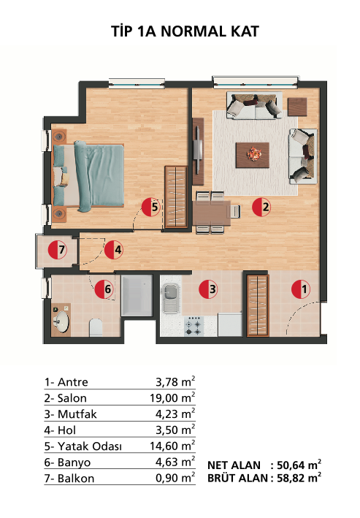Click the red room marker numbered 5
(151, 207)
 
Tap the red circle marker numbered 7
(58, 250)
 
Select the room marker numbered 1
(301, 289)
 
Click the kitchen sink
(171, 298)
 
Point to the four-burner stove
(194, 326)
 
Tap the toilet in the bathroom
(96, 327)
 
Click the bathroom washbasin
(61, 321)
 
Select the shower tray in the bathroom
(137, 295)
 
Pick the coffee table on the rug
(253, 155)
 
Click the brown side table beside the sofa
(297, 107)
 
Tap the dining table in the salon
(212, 213)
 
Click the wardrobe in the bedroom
(177, 197)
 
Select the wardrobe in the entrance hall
(258, 305)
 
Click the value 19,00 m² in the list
(172, 397)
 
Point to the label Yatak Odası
(90, 446)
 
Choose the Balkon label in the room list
(76, 478)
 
